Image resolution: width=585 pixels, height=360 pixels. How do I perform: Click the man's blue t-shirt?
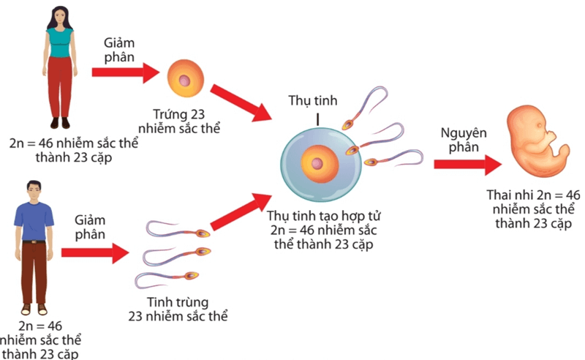34,219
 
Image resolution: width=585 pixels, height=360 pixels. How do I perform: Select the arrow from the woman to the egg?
125,72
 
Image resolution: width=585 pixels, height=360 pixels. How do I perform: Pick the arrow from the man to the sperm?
94,253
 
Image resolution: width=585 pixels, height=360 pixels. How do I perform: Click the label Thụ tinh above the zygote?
313,100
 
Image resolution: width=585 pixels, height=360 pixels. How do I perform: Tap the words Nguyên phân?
460,139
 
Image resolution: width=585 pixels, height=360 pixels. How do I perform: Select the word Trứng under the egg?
170,115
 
